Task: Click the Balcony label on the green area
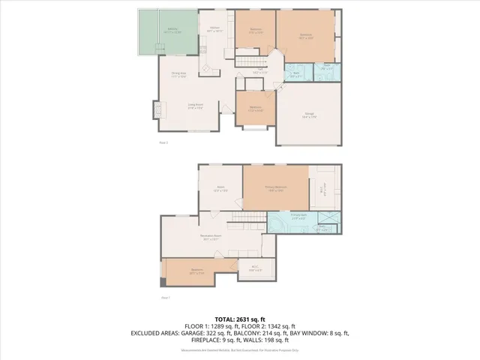(x=172, y=31)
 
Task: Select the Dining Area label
(x=178, y=76)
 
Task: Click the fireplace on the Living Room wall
(x=157, y=109)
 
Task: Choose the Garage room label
(x=309, y=115)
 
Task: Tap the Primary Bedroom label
(x=274, y=188)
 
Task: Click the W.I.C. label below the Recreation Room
(x=254, y=267)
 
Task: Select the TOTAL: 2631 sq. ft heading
(x=239, y=318)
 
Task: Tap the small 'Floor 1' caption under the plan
(x=163, y=142)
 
